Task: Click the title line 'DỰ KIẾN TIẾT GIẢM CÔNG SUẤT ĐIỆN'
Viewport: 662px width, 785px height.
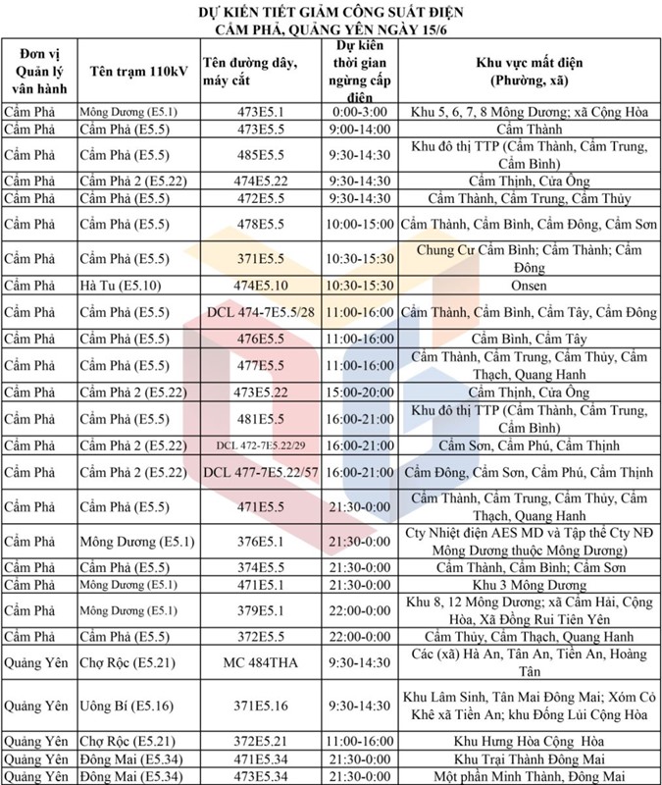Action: pos(331,12)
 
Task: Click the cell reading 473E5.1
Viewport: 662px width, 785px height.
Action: pos(261,112)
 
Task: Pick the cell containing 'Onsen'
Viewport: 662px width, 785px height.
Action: pos(529,287)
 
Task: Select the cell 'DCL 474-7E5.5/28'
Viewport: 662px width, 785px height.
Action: pos(261,313)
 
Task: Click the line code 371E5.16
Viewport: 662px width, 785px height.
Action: pos(261,706)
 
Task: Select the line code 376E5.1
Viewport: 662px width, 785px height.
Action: pos(261,541)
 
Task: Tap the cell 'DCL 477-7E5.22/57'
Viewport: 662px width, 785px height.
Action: pos(261,473)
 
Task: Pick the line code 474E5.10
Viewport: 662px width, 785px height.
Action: pos(261,287)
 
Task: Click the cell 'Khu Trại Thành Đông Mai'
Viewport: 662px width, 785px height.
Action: pos(529,759)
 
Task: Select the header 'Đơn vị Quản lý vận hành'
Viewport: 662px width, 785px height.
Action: pos(37,71)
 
